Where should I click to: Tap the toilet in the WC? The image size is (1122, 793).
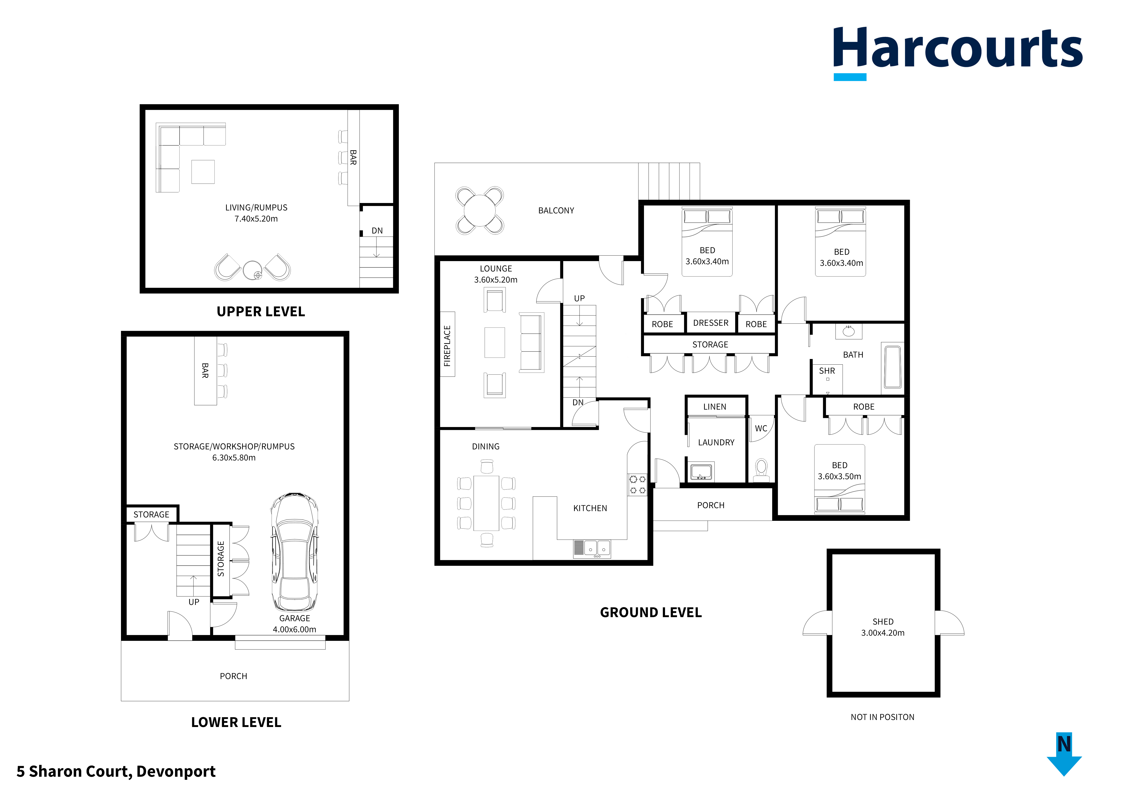pyautogui.click(x=761, y=467)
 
